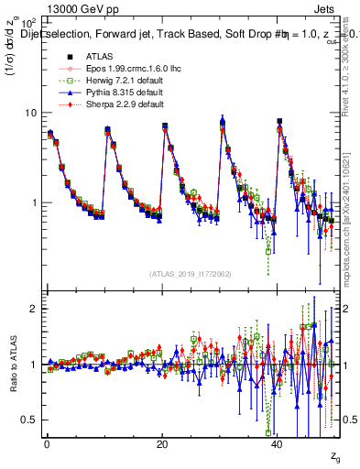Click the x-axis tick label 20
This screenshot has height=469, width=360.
point(161,443)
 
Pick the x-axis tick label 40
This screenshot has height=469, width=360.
point(278,443)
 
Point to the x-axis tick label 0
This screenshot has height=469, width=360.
point(46,443)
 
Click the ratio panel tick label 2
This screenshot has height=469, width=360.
point(33,309)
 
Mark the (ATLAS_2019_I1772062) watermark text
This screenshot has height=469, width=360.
point(191,274)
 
